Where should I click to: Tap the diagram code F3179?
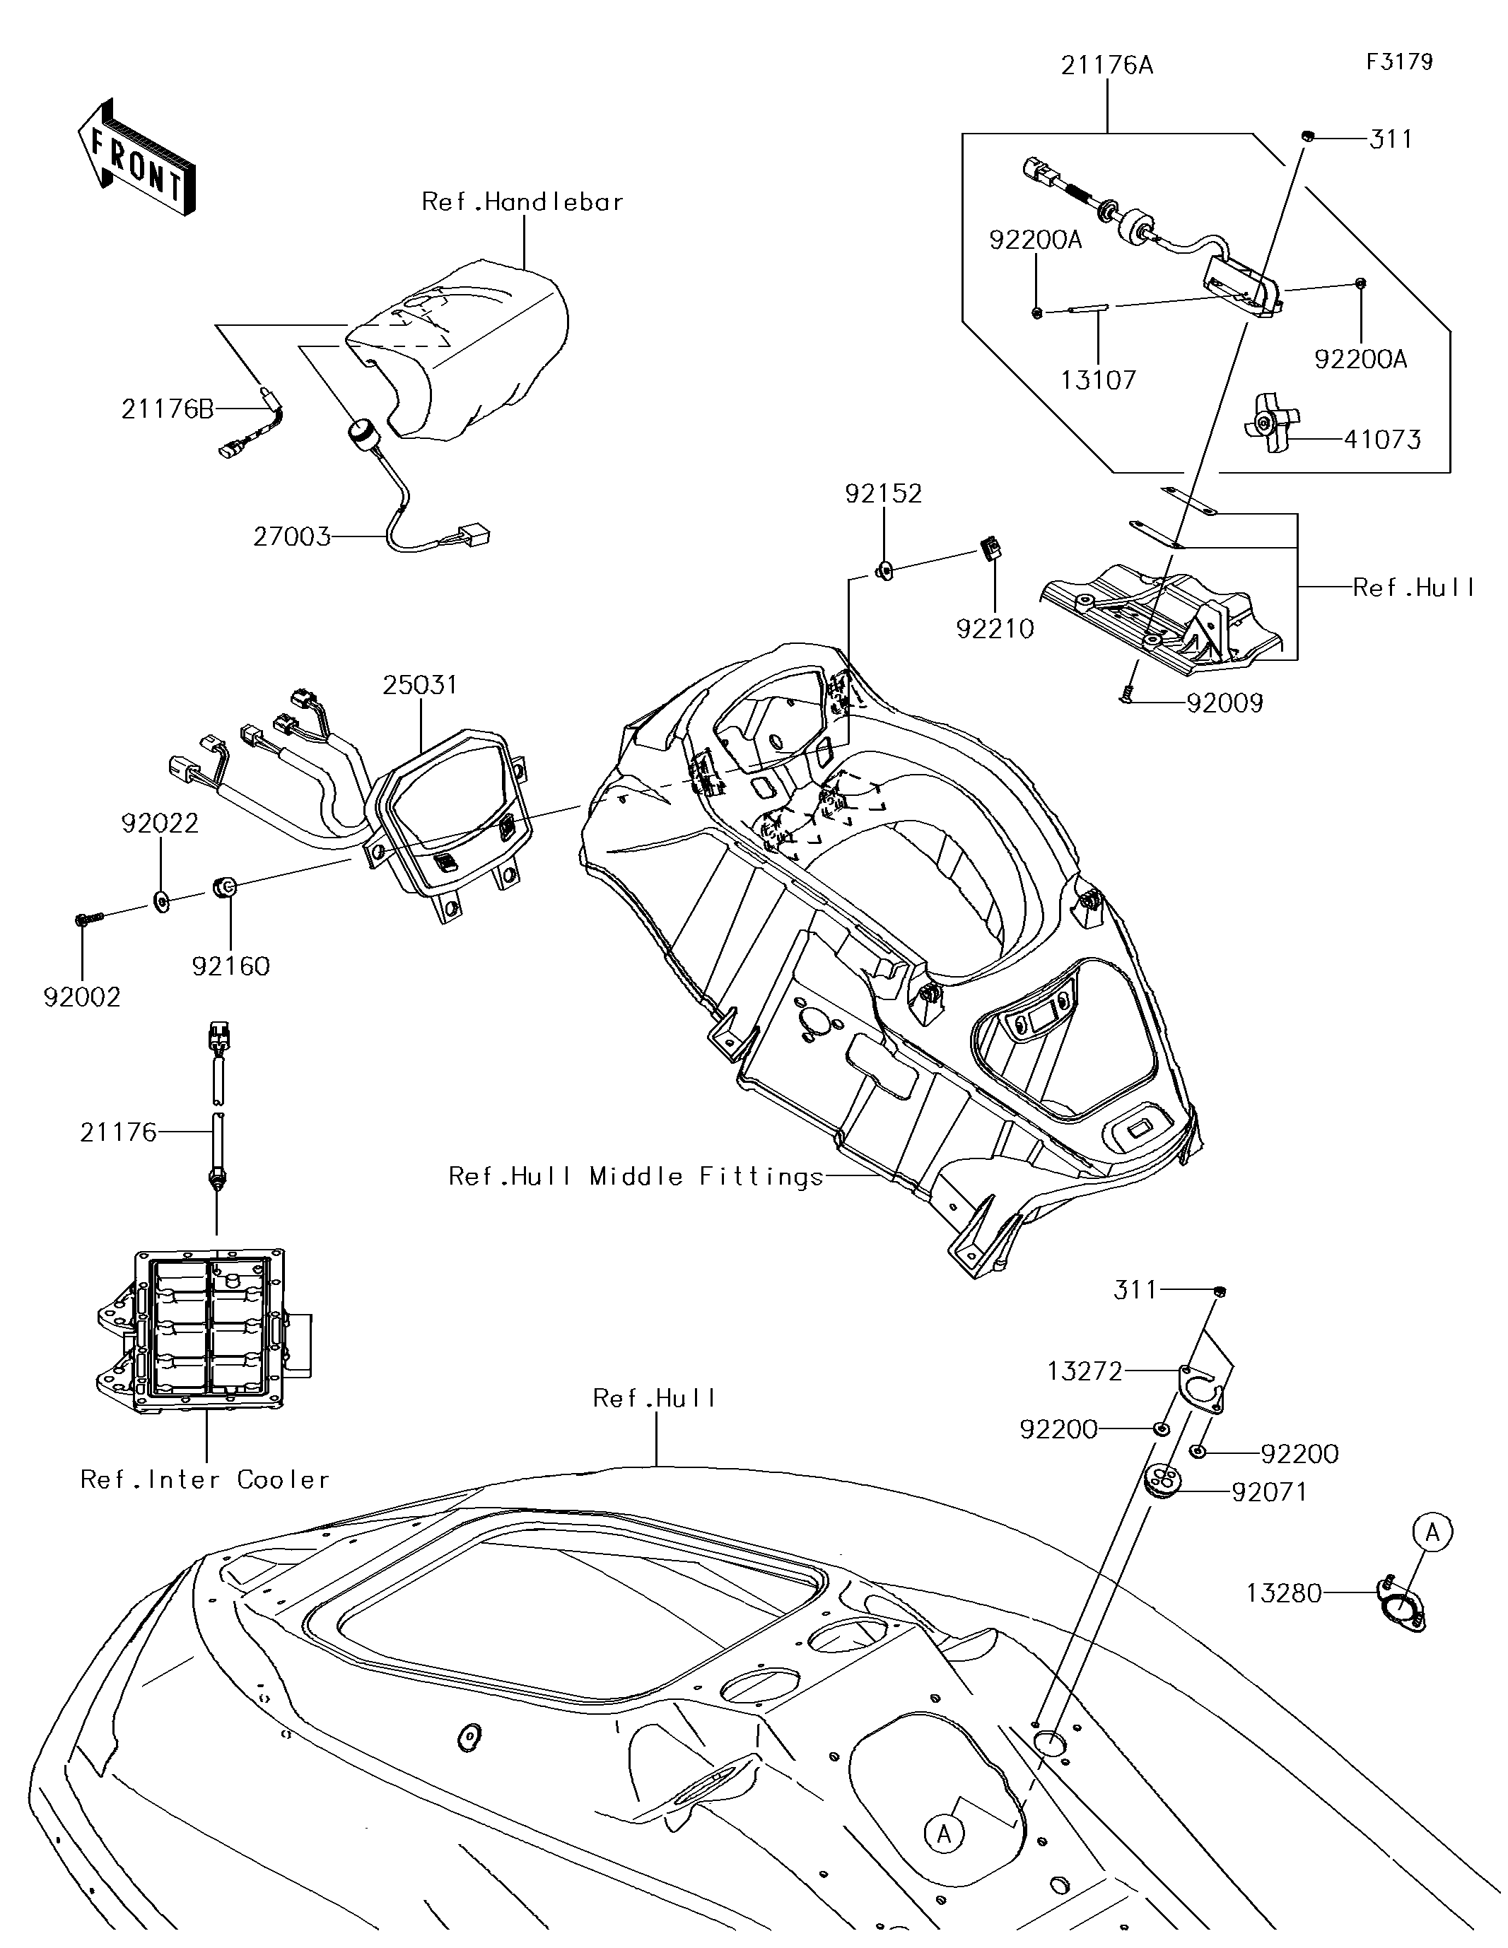1398,61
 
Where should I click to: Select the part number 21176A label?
1106,65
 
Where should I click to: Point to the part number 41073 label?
1382,439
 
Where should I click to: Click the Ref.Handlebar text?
522,201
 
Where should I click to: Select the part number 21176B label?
168,409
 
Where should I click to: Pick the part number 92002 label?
82,997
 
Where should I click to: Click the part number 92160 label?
230,966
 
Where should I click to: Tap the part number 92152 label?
884,493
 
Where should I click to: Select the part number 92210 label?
995,629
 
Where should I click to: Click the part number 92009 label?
1224,704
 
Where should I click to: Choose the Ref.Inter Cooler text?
205,1480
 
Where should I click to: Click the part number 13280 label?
1283,1593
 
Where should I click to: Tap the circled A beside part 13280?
1432,1532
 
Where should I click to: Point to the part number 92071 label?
1269,1491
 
